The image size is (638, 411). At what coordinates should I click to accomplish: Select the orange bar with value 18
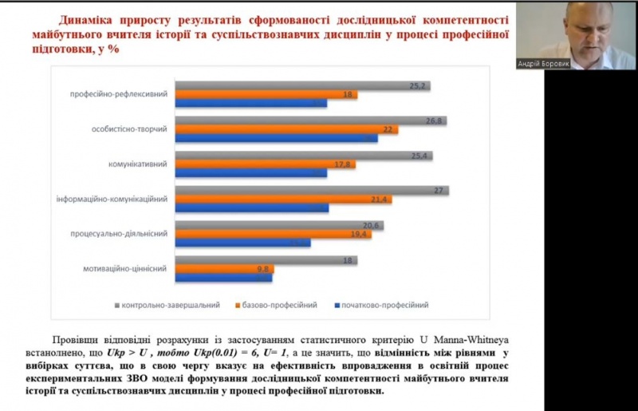[x=266, y=95]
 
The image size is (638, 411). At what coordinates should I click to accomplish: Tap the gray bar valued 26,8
[x=311, y=121]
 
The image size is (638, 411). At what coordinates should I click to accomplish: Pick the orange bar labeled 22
[x=287, y=129]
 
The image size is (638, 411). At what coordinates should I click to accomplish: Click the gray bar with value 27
[x=312, y=190]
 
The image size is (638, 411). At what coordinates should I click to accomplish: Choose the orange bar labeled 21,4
[x=284, y=199]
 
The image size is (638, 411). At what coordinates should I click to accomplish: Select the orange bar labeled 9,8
[x=225, y=269]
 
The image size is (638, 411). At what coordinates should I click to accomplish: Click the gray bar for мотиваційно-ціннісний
[x=266, y=260]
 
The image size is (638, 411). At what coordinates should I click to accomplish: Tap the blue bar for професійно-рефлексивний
[x=251, y=103]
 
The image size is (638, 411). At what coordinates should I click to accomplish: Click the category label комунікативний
[x=137, y=164]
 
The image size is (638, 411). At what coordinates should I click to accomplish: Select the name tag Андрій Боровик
[x=544, y=64]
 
